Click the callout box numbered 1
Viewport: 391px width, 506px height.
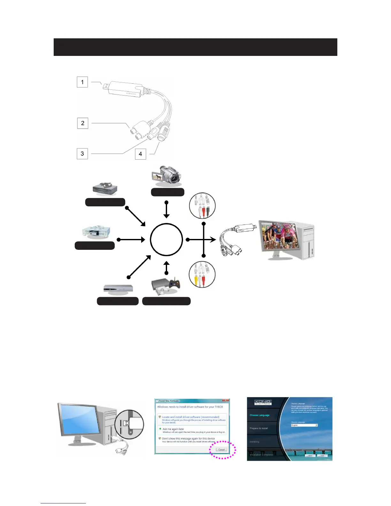tap(82, 82)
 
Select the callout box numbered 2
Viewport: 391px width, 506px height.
tap(83, 123)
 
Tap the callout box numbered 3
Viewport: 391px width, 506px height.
tap(82, 154)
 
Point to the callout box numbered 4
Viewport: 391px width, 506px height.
tap(140, 154)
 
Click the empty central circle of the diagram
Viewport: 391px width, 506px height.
tap(166, 240)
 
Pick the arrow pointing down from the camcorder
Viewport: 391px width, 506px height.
tap(166, 210)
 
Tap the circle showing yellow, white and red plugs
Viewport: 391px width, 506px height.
tap(202, 275)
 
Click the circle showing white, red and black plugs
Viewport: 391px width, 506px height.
tap(203, 206)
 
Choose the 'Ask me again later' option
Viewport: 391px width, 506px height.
tap(173, 429)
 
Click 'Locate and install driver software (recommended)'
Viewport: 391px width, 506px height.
tap(190, 417)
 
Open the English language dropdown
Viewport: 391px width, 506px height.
tap(304, 425)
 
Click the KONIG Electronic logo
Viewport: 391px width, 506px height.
tap(263, 402)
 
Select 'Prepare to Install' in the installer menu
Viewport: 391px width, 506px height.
tap(259, 428)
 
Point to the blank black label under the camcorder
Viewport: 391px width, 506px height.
tap(168, 192)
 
